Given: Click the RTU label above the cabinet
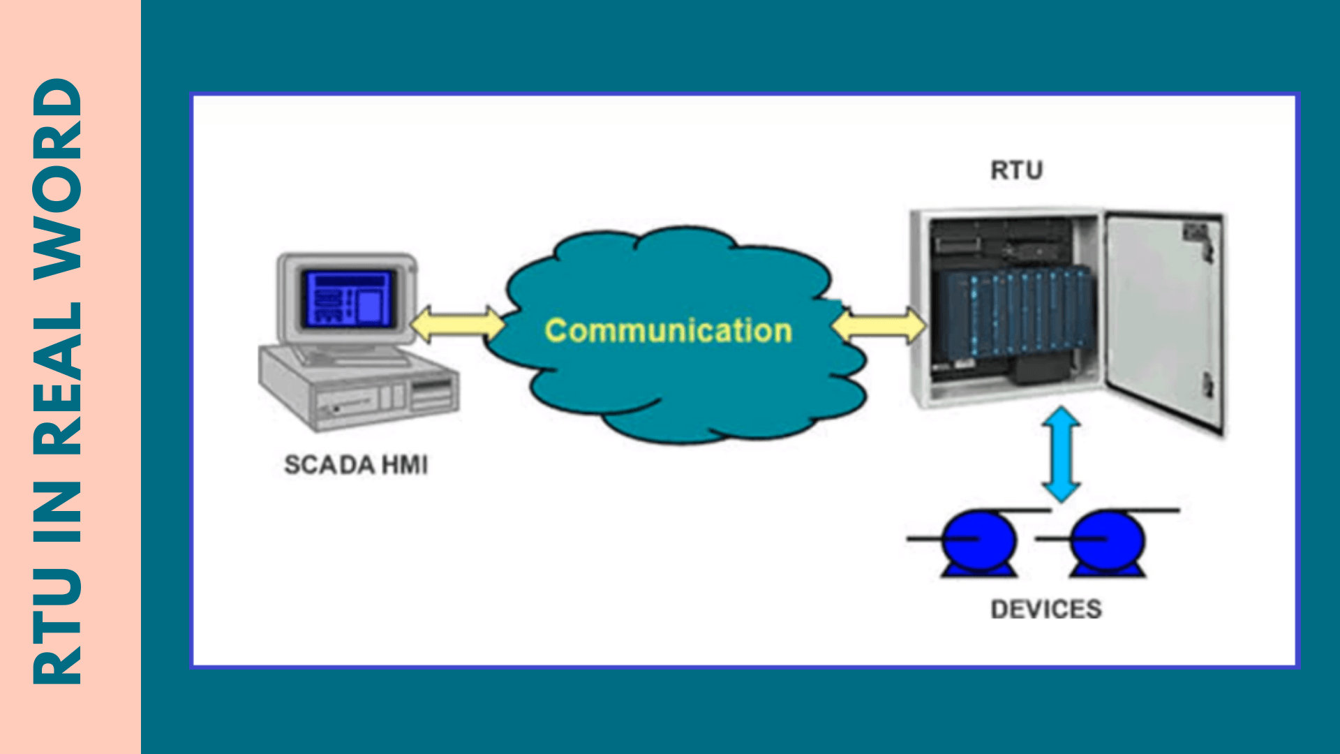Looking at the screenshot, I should [x=1016, y=170].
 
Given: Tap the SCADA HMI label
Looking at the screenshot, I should [x=356, y=465].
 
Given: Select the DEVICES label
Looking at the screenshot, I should [x=1046, y=609].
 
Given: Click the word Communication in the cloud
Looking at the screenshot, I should [x=668, y=330].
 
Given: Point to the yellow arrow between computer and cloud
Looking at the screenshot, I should [x=457, y=325].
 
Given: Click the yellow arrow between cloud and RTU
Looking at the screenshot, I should [x=879, y=326].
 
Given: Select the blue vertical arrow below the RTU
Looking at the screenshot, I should [x=1062, y=454].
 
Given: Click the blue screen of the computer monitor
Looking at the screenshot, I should [x=348, y=300].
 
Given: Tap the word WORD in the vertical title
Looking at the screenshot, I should [x=58, y=179].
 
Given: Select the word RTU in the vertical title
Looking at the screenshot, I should [x=58, y=624].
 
